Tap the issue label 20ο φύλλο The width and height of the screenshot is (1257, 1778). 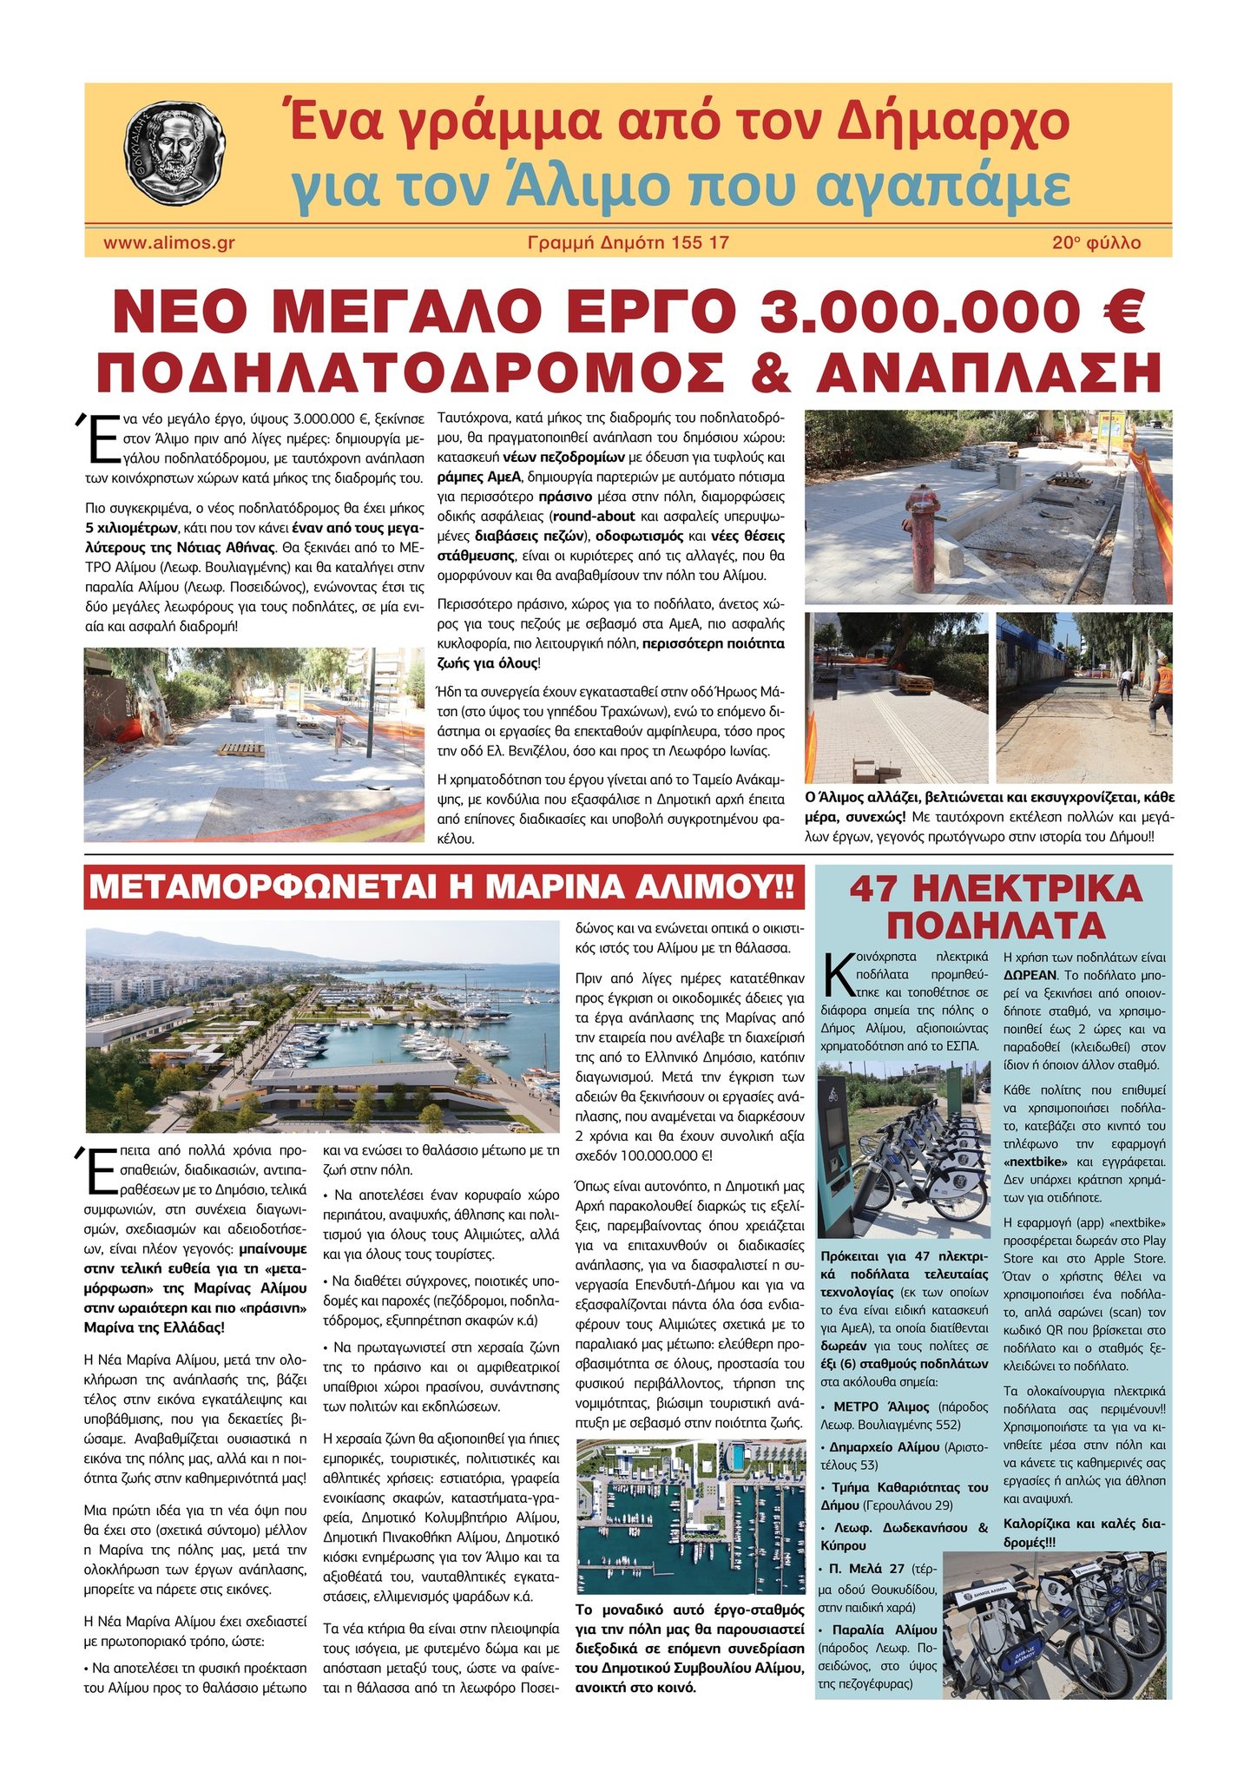pyautogui.click(x=1096, y=243)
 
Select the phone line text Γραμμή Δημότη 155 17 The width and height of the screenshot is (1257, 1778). pyautogui.click(x=628, y=243)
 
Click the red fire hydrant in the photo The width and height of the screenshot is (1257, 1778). pyautogui.click(x=924, y=537)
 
